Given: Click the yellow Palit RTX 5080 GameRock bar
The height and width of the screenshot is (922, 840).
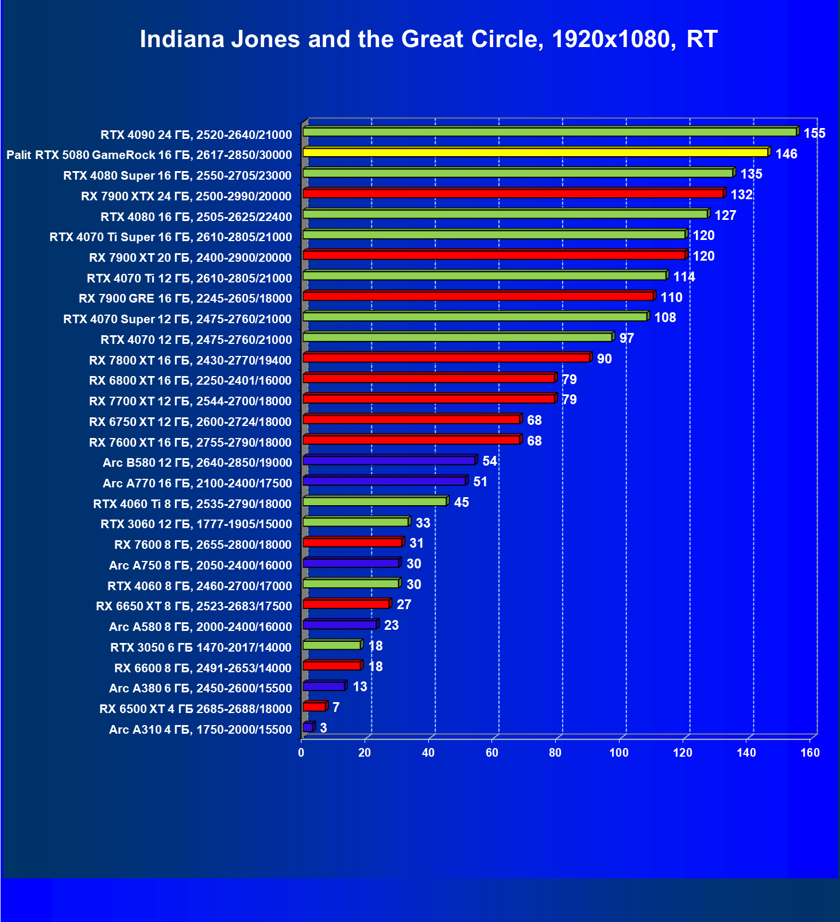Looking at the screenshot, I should [x=535, y=152].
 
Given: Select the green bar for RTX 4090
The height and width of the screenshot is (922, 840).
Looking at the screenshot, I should [x=549, y=132].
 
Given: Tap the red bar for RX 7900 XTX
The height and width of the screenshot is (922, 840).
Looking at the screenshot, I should [x=513, y=193].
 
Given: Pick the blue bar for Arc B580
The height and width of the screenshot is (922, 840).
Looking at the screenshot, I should [x=389, y=460].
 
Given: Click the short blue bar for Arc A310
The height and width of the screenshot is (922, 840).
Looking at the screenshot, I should [x=308, y=727].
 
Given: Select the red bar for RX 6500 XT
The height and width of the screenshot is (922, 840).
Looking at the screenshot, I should [x=314, y=707].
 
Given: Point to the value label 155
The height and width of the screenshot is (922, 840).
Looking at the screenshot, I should [x=814, y=133].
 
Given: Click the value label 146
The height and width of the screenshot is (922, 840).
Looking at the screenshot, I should [x=786, y=154].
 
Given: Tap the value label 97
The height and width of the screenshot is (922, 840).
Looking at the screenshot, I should [x=626, y=338].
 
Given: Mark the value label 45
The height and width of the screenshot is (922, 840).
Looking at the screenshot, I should [x=461, y=502].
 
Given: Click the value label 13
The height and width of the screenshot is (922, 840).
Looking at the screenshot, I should [x=359, y=687].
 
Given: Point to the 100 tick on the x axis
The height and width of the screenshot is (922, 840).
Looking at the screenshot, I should [x=619, y=753].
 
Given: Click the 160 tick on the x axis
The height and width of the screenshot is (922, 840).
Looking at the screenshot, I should [x=810, y=753].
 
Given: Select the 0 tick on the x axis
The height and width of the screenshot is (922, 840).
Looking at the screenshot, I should [x=301, y=753].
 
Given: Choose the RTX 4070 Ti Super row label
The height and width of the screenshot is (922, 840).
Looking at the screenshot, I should [x=171, y=237].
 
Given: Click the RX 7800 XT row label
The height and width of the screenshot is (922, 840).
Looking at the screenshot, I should [x=190, y=361].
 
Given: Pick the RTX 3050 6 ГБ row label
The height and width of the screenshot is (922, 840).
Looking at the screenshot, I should [x=201, y=648].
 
